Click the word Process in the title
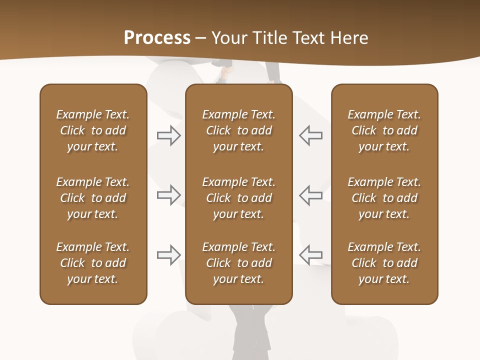(157, 37)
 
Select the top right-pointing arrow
(169, 135)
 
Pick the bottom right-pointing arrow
(169, 255)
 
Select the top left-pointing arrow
(310, 135)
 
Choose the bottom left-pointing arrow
(310, 255)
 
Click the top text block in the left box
(93, 130)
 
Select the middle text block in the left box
(93, 198)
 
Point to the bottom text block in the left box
(93, 263)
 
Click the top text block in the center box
(238, 130)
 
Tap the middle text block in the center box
(238, 198)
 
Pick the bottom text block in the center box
(238, 263)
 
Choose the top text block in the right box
(384, 130)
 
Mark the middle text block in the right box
(384, 198)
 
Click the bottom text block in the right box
(384, 263)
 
